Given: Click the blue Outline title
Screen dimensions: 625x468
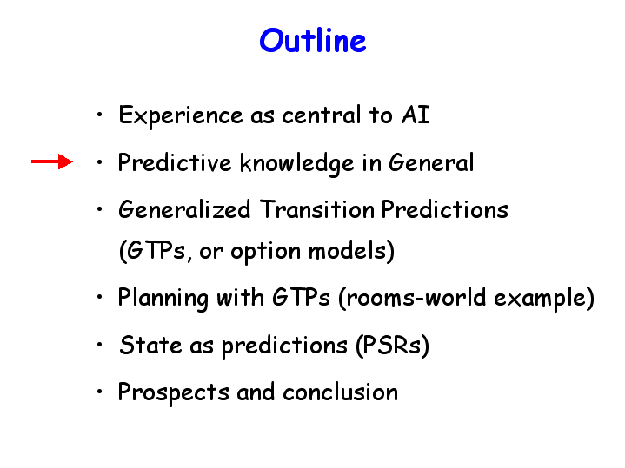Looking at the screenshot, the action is click(313, 40).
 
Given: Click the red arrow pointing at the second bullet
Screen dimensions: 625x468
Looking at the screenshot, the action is click(52, 161).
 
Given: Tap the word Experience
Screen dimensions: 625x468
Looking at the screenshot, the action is click(181, 116).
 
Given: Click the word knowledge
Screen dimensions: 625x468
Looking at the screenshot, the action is click(296, 163).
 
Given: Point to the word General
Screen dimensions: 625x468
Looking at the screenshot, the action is click(431, 162).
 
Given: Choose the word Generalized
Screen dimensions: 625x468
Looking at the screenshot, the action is click(184, 209).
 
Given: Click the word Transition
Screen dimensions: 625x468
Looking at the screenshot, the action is click(317, 209).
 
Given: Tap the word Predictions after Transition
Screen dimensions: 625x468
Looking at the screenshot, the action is click(445, 209).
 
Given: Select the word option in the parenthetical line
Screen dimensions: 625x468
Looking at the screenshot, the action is click(265, 252).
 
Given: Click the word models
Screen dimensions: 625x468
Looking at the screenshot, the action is click(347, 251).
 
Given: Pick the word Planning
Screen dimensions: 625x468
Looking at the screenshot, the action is click(163, 299).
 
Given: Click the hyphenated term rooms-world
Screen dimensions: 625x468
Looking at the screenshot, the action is click(416, 297).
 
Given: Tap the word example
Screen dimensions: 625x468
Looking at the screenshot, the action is click(540, 298).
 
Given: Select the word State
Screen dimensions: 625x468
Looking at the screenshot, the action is click(150, 345).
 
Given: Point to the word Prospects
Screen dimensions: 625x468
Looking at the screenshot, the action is click(173, 392).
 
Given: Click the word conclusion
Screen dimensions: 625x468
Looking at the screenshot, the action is click(341, 392).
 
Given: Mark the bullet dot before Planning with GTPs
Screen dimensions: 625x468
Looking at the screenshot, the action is click(99, 297).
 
